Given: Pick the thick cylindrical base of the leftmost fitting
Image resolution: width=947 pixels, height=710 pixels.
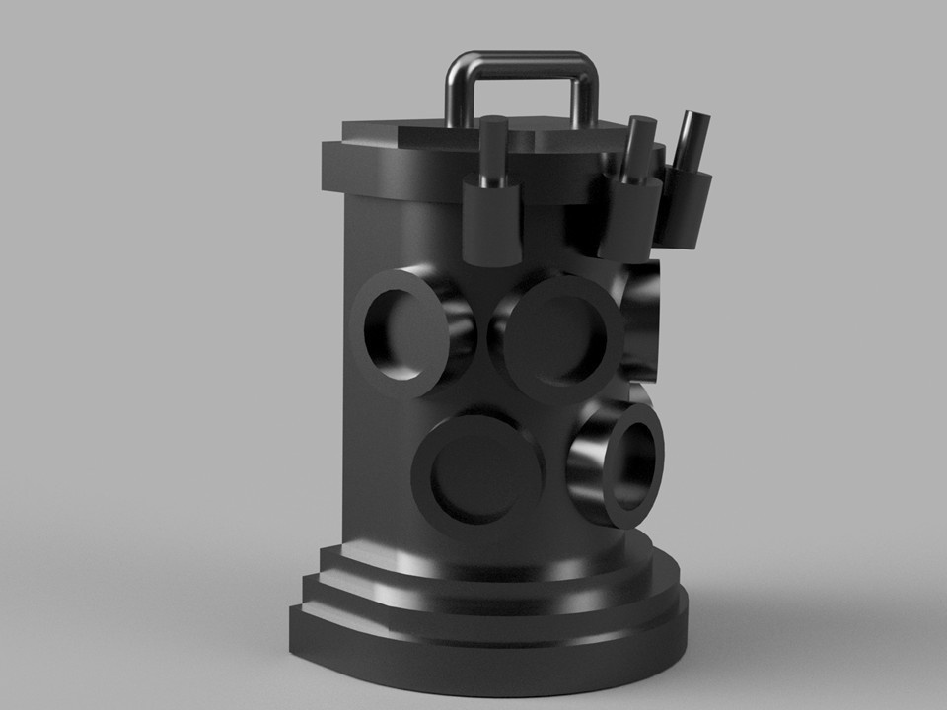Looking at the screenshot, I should (x=490, y=224).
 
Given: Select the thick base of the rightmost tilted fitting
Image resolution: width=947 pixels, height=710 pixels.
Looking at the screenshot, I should (x=685, y=207).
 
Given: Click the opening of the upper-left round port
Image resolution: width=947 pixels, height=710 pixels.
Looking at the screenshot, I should (x=401, y=332).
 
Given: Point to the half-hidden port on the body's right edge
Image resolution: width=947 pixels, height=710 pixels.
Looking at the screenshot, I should (x=642, y=325).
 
